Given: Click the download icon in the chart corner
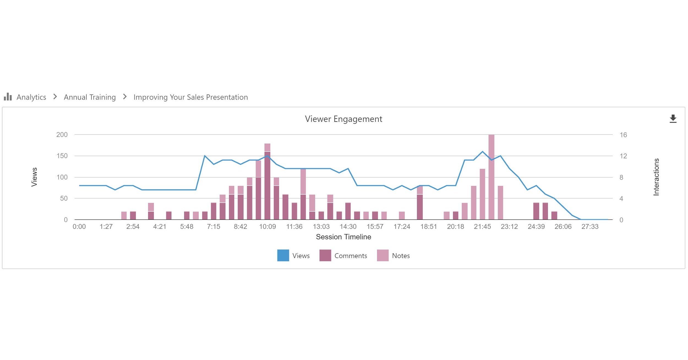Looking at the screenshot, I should pyautogui.click(x=673, y=119).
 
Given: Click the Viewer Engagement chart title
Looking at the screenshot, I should pyautogui.click(x=343, y=119).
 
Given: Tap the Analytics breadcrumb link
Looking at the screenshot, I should pyautogui.click(x=31, y=97).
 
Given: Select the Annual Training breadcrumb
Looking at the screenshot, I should pyautogui.click(x=90, y=97).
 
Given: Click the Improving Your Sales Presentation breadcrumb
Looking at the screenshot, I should pyautogui.click(x=190, y=97).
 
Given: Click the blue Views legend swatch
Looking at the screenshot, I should pyautogui.click(x=283, y=255).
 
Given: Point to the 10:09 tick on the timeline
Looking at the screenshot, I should pyautogui.click(x=267, y=227).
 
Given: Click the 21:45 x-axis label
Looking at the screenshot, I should pyautogui.click(x=482, y=227).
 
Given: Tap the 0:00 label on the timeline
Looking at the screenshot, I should pyautogui.click(x=79, y=227).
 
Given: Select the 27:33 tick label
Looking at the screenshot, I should pyautogui.click(x=590, y=227).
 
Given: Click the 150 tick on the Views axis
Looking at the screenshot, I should pyautogui.click(x=62, y=156).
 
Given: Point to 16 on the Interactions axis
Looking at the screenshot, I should pyautogui.click(x=623, y=135).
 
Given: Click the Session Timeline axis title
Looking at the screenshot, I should pyautogui.click(x=343, y=237).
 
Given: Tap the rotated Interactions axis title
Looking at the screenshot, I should pyautogui.click(x=656, y=177).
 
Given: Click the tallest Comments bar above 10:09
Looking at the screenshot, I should pyautogui.click(x=267, y=187).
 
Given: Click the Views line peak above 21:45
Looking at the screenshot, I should pyautogui.click(x=482, y=152).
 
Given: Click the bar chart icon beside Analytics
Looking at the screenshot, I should pyautogui.click(x=8, y=97).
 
